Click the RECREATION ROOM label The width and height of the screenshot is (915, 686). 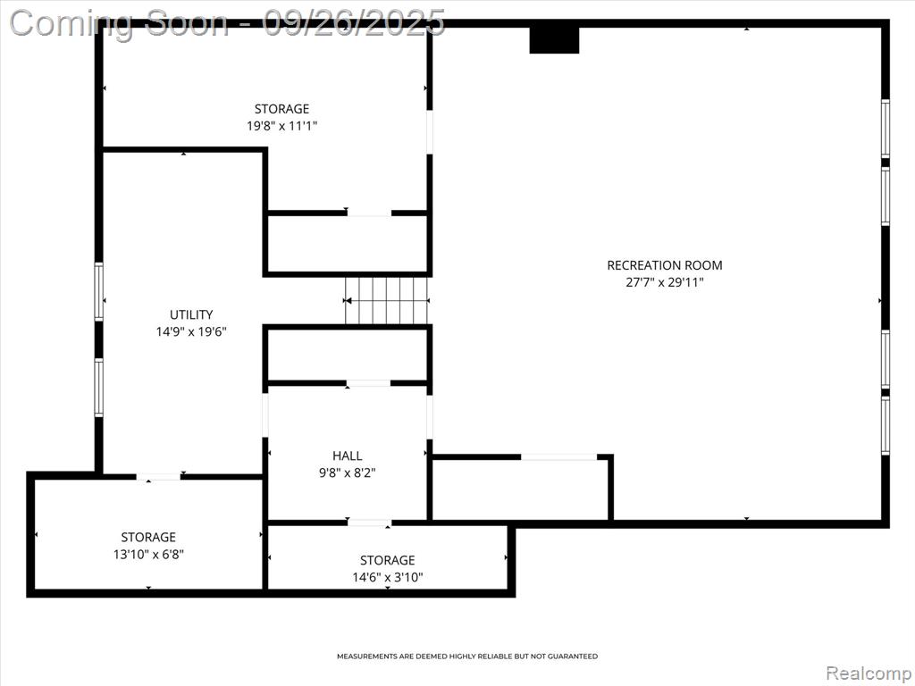(x=665, y=265)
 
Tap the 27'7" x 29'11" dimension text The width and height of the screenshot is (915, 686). (x=665, y=283)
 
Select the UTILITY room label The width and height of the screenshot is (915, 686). (x=191, y=315)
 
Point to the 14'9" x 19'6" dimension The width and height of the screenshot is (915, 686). (x=191, y=332)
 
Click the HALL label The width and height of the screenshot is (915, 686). (x=348, y=456)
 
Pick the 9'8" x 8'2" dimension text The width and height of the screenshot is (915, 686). (x=348, y=473)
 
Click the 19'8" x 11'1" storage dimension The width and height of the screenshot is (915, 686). (x=281, y=125)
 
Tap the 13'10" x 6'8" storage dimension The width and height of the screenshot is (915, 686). (x=148, y=554)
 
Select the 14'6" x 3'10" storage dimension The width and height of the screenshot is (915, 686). (x=388, y=578)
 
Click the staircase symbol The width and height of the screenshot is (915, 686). (x=387, y=300)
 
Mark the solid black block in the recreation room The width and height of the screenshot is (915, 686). (x=554, y=40)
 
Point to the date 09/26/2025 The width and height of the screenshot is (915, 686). (x=354, y=23)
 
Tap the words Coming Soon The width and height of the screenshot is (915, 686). (x=119, y=24)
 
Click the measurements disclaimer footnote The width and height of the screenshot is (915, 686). (x=467, y=657)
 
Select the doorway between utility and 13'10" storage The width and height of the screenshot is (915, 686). (x=159, y=477)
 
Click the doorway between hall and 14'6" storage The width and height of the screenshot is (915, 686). (x=369, y=523)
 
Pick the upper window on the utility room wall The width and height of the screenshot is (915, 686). (x=98, y=292)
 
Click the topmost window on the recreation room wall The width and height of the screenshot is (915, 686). (x=886, y=129)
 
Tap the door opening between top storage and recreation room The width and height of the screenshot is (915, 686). (x=430, y=132)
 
